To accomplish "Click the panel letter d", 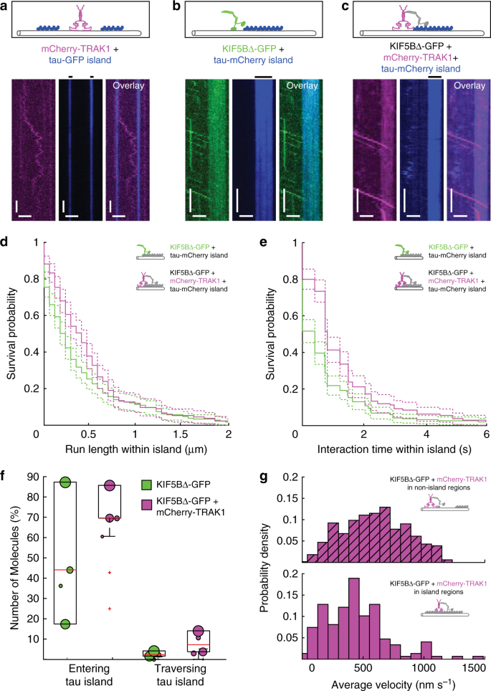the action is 6,243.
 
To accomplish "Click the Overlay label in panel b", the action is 302,85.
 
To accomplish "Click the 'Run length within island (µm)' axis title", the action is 135,449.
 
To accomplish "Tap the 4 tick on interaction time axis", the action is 427,434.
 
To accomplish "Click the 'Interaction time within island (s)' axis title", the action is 394,449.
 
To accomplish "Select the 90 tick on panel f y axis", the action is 34,477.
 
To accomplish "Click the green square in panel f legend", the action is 146,485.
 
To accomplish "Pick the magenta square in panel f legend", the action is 146,502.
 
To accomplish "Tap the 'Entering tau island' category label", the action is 89,675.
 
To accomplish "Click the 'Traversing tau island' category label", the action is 180,675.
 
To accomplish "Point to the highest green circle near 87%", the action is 65,482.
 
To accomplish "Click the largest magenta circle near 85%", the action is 110,485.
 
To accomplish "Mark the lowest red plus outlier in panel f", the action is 110,609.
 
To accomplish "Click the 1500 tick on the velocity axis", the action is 474,667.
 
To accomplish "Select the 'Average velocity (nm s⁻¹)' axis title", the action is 393,685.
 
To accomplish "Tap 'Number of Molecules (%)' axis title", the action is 14,566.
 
